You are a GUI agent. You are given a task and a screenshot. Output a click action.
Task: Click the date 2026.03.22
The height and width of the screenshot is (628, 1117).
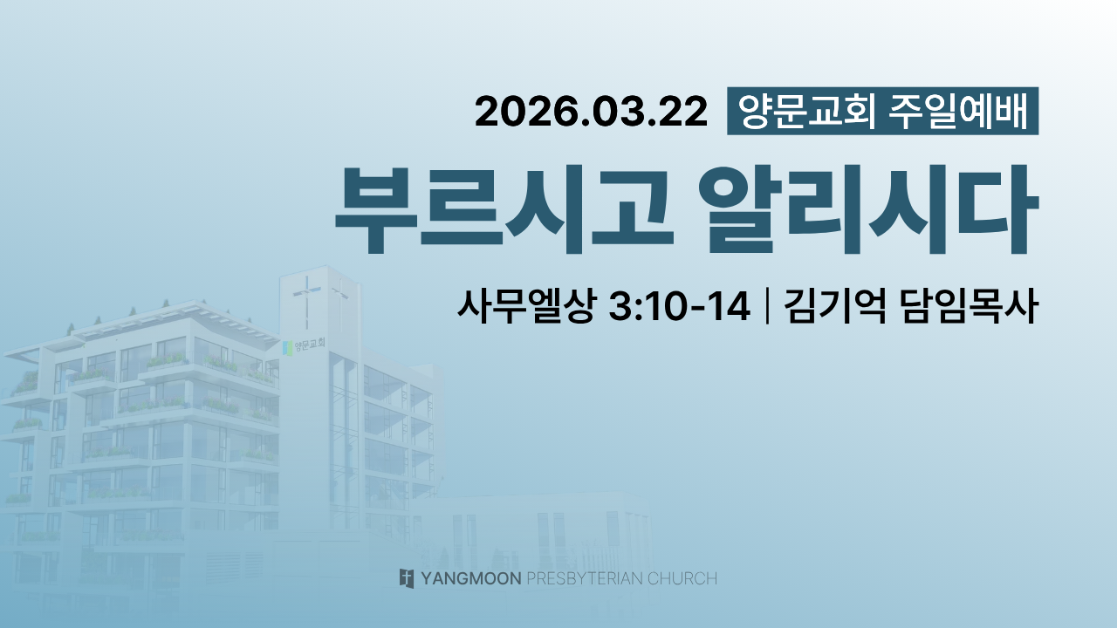(591, 112)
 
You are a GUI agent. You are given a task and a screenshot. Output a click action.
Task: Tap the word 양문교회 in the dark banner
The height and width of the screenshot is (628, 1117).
(806, 111)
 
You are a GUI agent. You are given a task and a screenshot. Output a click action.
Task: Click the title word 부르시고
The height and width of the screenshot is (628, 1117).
(504, 210)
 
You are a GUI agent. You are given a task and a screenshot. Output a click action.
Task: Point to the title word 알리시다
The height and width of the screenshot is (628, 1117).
(868, 210)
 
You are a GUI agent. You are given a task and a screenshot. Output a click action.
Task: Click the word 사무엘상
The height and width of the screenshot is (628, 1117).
(526, 306)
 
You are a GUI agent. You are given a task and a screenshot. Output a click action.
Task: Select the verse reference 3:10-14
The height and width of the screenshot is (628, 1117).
(679, 306)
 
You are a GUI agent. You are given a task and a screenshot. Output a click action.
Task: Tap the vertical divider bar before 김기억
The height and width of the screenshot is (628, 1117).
(766, 306)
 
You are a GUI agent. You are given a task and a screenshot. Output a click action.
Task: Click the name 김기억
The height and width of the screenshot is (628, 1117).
(834, 306)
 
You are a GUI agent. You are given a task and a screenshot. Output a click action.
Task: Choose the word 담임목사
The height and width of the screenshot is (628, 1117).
(970, 306)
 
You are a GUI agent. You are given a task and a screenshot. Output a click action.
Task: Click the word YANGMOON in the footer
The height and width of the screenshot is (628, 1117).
(470, 578)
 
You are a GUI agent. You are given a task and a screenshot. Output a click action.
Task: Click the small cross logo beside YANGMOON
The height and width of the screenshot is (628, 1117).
(407, 578)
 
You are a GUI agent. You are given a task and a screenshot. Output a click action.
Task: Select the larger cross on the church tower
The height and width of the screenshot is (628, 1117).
(306, 299)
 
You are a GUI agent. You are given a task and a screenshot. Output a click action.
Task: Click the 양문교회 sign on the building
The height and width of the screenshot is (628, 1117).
(310, 344)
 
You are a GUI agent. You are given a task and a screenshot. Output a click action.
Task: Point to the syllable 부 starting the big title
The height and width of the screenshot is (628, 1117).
(376, 210)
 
